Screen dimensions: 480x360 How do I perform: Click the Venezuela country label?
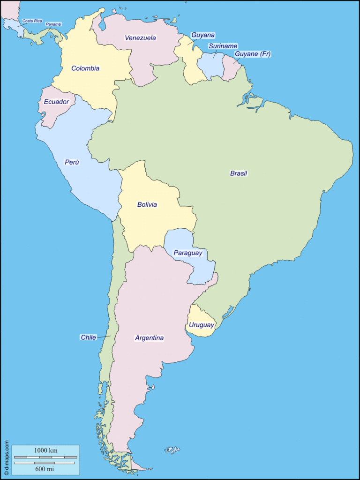click(x=140, y=38)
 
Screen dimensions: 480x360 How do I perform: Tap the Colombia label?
click(x=85, y=68)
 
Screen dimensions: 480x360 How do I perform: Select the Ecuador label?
click(x=56, y=102)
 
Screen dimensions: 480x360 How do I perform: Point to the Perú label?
click(x=72, y=162)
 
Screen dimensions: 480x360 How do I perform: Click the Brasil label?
click(x=238, y=173)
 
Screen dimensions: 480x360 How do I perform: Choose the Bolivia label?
click(x=147, y=205)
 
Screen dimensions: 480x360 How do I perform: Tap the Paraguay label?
click(x=188, y=253)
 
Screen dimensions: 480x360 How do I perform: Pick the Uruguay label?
click(x=202, y=325)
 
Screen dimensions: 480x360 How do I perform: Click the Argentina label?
click(x=149, y=337)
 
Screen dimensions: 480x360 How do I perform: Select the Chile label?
click(x=88, y=337)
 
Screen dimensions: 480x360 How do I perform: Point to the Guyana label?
click(x=203, y=35)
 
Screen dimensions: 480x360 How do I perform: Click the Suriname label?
click(x=223, y=46)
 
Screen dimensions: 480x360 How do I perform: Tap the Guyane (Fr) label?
click(x=253, y=54)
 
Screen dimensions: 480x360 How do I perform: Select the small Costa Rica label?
click(x=32, y=21)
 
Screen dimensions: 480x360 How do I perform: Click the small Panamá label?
click(x=53, y=24)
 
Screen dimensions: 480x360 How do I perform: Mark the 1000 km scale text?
click(x=45, y=450)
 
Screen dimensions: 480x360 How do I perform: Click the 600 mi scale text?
click(x=45, y=469)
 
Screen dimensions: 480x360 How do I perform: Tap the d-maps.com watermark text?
click(x=7, y=457)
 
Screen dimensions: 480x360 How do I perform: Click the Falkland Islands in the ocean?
click(x=172, y=450)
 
